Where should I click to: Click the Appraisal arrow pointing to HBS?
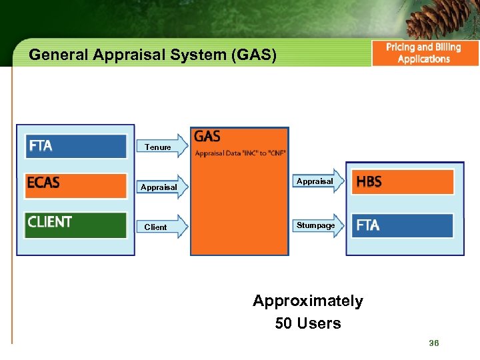click(x=317, y=181)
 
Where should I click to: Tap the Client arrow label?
click(x=156, y=227)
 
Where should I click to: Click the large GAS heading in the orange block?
click(x=207, y=137)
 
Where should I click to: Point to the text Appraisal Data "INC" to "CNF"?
click(x=240, y=153)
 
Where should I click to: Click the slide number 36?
click(x=434, y=343)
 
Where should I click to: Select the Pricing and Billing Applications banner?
click(x=424, y=53)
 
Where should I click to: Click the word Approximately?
click(x=308, y=301)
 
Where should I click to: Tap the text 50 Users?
click(x=308, y=323)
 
